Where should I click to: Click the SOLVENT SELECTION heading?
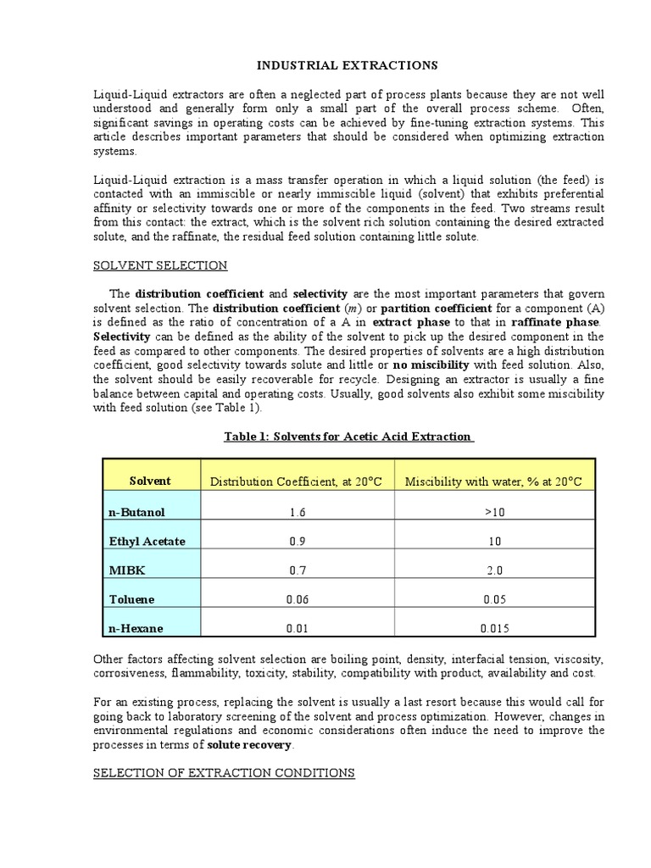159,265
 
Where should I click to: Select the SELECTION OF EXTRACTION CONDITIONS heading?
224,773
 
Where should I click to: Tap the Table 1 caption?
348,437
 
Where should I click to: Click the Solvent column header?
150,481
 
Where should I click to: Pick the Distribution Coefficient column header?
296,481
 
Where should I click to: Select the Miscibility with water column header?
494,481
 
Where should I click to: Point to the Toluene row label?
131,599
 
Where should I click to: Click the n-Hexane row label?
135,628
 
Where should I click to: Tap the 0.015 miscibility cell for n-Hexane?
494,629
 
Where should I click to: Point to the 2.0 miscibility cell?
494,571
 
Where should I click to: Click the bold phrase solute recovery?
249,745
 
